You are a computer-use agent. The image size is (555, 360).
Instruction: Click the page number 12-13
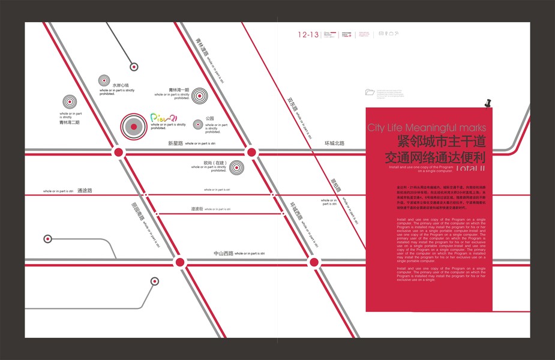pyautogui.click(x=308, y=35)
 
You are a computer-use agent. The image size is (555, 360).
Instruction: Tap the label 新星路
pyautogui.click(x=175, y=143)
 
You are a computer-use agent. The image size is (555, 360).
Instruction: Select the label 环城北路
pyautogui.click(x=335, y=143)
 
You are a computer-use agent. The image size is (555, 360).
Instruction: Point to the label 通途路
pyautogui.click(x=85, y=191)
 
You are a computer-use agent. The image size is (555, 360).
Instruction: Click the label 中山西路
pyautogui.click(x=223, y=254)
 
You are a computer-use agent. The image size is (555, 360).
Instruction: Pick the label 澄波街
pyautogui.click(x=197, y=209)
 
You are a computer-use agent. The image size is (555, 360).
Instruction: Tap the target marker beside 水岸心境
pyautogui.click(x=104, y=80)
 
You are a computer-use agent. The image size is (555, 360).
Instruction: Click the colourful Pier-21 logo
pyautogui.click(x=163, y=118)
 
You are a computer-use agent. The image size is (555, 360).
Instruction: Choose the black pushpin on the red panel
pyautogui.click(x=487, y=103)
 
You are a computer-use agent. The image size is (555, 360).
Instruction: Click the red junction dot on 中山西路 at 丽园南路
pyautogui.click(x=179, y=262)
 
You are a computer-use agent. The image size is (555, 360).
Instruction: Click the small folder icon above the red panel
pyautogui.click(x=370, y=92)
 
